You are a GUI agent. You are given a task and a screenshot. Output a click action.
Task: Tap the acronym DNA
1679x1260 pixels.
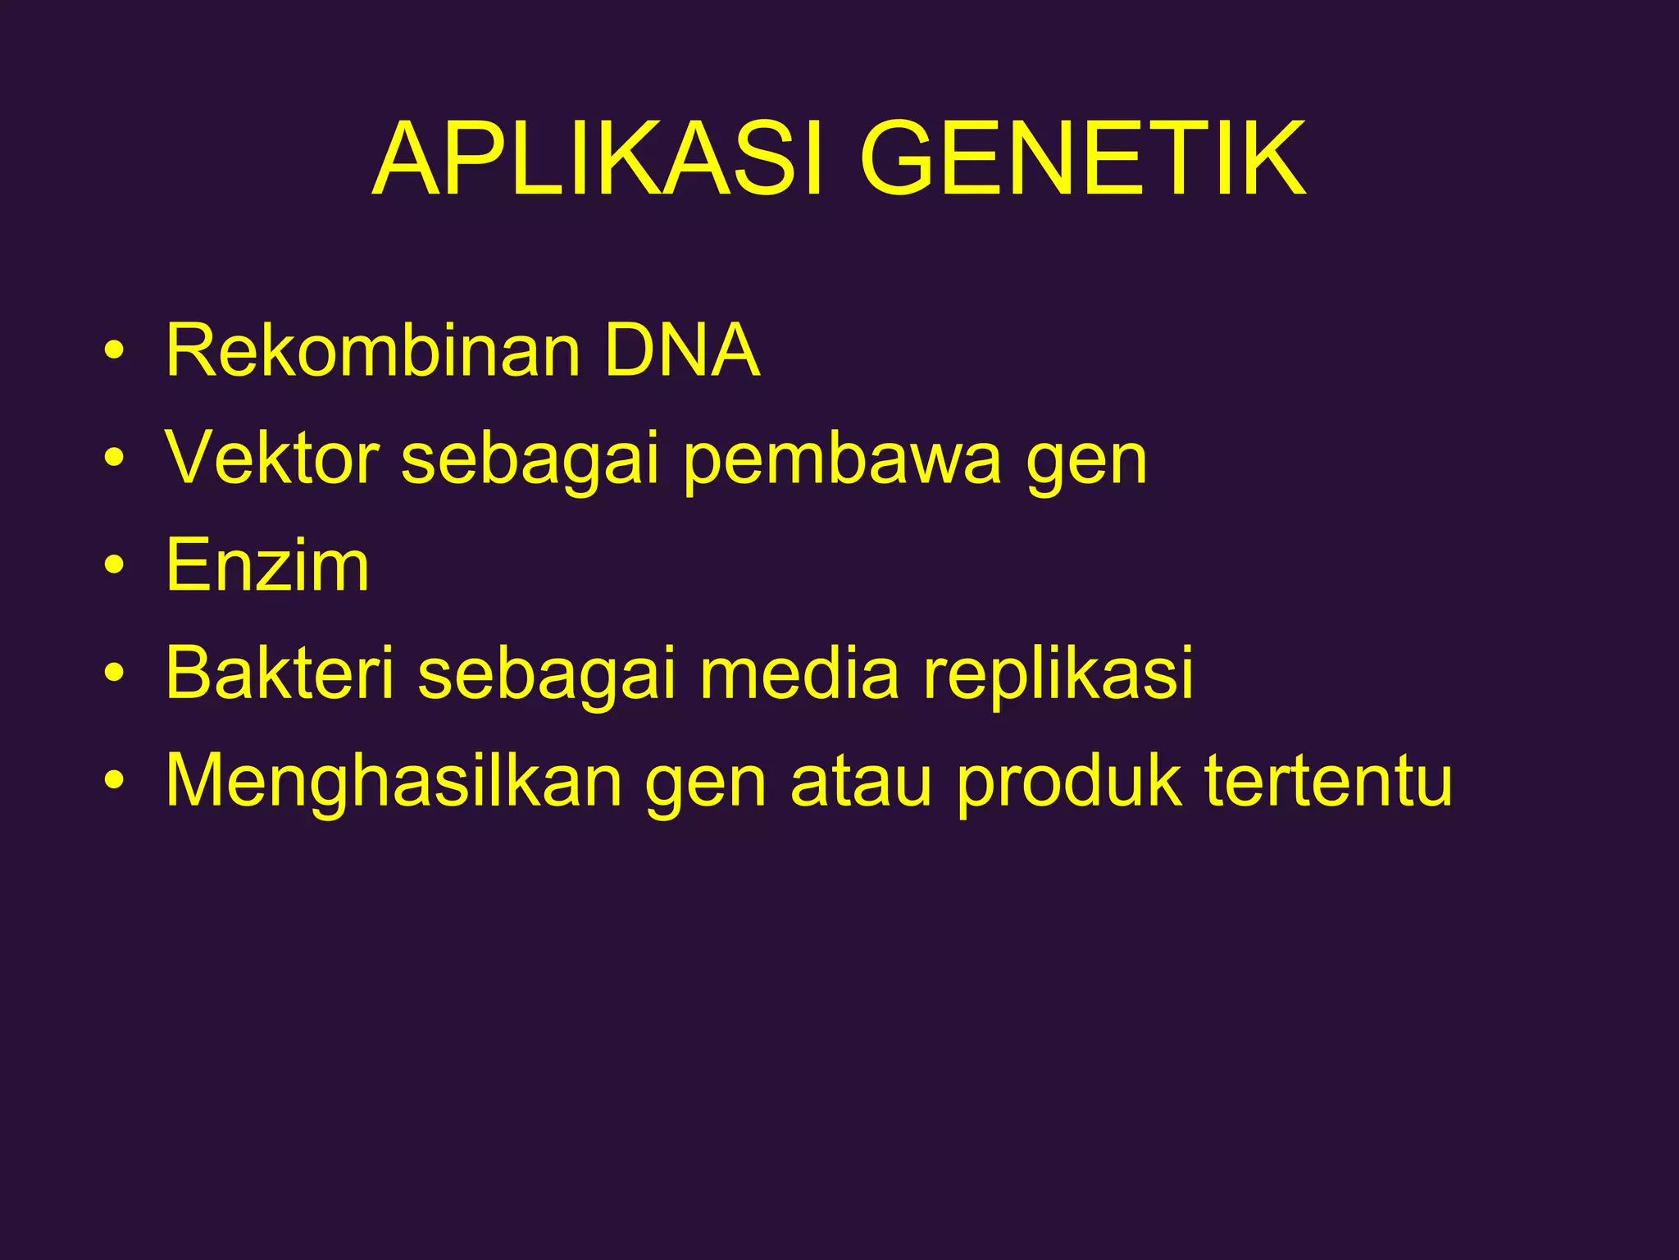682,351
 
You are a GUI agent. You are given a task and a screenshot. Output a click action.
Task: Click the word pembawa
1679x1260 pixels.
841,459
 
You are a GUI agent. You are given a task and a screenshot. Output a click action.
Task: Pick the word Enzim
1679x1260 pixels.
267,565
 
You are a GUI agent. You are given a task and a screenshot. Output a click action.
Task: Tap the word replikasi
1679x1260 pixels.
1058,674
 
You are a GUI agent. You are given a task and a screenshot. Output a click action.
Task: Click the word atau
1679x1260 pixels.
861,781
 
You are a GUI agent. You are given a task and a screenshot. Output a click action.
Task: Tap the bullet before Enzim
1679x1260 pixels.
114,567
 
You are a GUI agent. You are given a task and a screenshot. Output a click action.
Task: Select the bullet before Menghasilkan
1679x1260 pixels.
114,782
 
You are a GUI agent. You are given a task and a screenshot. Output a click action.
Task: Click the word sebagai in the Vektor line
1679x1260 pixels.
530,459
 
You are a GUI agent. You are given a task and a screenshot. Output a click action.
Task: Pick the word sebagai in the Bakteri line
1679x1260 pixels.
547,674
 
